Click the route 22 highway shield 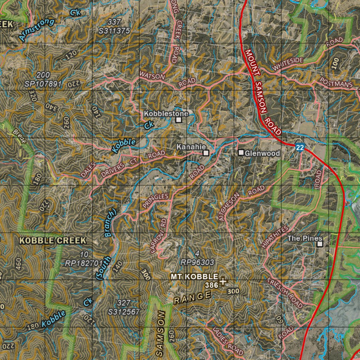tap(300, 148)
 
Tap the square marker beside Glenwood tap(241, 153)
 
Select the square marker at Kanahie tap(206, 153)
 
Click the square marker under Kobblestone tap(179, 120)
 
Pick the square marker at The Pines tap(320, 244)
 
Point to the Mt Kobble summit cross tap(223, 281)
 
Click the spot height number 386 tap(212, 285)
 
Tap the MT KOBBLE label tap(194, 277)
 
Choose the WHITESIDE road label tap(288, 64)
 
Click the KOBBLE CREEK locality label tap(52, 241)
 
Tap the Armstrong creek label tap(37, 30)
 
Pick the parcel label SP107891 tap(43, 84)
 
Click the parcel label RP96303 tap(197, 262)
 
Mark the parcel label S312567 tap(124, 311)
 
